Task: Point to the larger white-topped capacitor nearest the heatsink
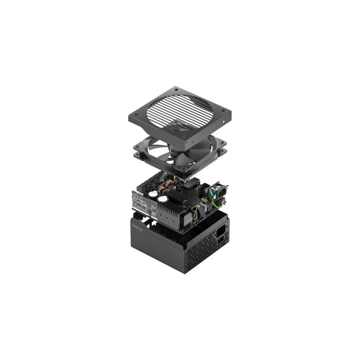(x=162, y=198)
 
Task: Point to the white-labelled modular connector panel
(x=143, y=202)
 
